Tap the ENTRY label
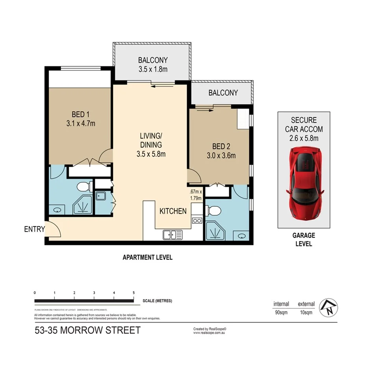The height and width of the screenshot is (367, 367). [x=34, y=229]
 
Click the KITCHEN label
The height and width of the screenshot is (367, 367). [x=173, y=211]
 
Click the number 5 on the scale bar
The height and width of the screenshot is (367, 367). [x=134, y=293]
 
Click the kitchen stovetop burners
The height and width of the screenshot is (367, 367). [x=197, y=221]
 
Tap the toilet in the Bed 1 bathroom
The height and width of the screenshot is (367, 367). [x=83, y=187]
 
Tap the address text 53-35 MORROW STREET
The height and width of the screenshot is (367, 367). [x=87, y=330]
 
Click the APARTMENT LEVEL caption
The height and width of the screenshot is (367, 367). [x=147, y=258]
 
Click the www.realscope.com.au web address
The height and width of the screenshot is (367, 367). [x=209, y=333]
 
